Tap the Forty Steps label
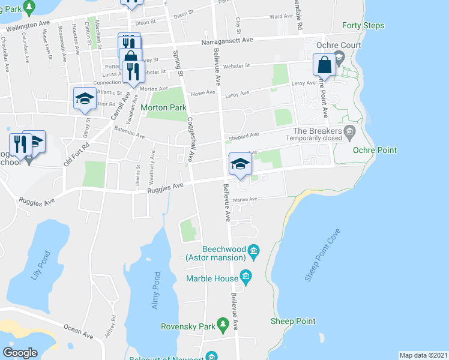pyautogui.click(x=363, y=26)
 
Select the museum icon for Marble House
pyautogui.click(x=245, y=277)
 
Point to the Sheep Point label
pyautogui.click(x=293, y=321)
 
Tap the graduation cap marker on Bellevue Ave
pyautogui.click(x=240, y=164)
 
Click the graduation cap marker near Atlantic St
pyautogui.click(x=85, y=98)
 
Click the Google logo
pyautogui.click(x=20, y=352)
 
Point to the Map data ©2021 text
pyautogui.click(x=423, y=355)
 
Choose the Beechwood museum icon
pyautogui.click(x=253, y=250)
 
